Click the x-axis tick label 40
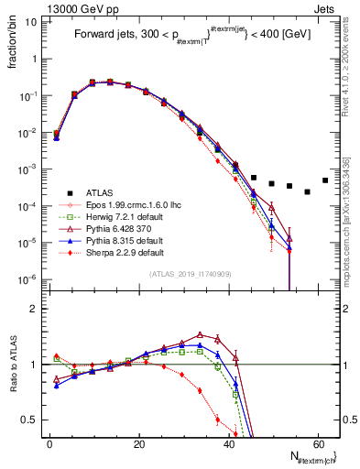228,444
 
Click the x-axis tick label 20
139,444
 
